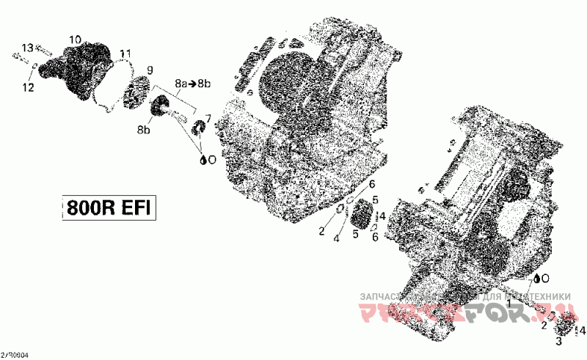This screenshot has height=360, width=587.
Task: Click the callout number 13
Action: [x=27, y=48]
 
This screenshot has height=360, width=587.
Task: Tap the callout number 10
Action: [x=75, y=39]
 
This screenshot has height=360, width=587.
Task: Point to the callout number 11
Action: [x=125, y=54]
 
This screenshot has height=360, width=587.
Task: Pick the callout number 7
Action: [x=208, y=118]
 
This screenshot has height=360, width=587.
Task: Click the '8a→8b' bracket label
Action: [x=192, y=83]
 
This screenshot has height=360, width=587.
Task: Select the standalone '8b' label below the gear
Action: [x=144, y=130]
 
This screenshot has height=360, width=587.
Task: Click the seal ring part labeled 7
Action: [x=197, y=131]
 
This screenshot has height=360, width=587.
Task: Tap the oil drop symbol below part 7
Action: [x=203, y=158]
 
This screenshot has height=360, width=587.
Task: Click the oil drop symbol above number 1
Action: [x=539, y=279]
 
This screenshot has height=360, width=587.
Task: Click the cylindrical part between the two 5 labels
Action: [x=362, y=218]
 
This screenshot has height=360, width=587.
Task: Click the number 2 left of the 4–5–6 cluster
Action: [x=321, y=232]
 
